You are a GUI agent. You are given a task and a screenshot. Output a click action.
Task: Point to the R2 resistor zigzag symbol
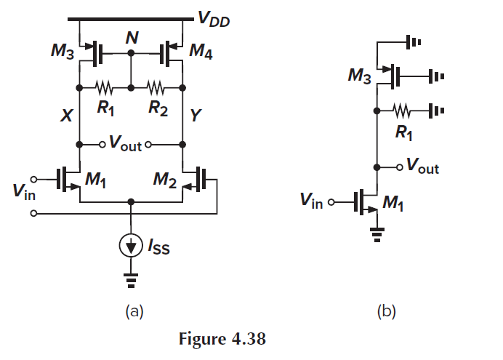[x=156, y=87]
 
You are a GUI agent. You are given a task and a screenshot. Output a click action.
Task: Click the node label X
[x=65, y=116]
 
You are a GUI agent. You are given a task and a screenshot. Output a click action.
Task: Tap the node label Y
[x=194, y=116]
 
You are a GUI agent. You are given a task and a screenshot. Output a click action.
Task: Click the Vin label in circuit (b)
[x=311, y=201]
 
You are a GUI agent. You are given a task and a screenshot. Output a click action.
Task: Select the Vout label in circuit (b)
[x=422, y=168]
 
